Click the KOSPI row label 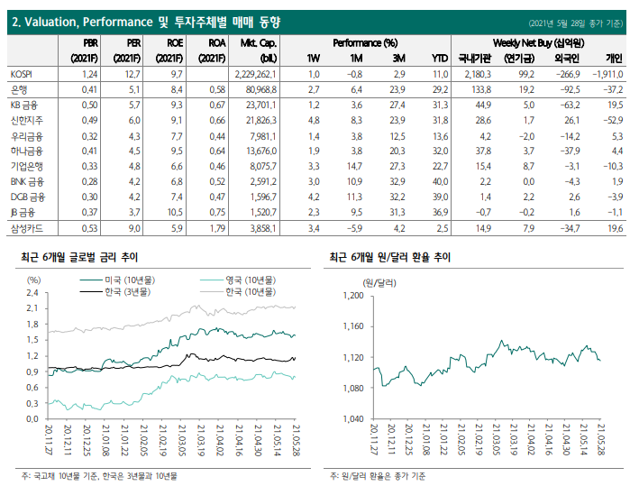[x=22, y=74]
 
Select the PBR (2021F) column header [x=85, y=50]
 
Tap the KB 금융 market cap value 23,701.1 [x=261, y=105]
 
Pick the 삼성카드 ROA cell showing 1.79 [x=217, y=229]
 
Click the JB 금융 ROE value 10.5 [x=175, y=212]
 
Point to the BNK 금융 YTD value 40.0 [x=440, y=182]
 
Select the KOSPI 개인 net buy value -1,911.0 [x=607, y=74]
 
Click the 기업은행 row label [x=26, y=167]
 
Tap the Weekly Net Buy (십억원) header [x=538, y=43]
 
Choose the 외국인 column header [x=567, y=59]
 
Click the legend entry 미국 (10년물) [x=117, y=280]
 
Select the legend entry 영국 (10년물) [x=238, y=280]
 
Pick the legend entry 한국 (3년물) [x=115, y=291]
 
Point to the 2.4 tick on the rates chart [x=32, y=293]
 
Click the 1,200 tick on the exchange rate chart [x=353, y=296]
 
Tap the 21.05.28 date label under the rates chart [x=297, y=440]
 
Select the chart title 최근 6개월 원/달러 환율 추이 [x=390, y=257]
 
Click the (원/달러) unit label [x=379, y=283]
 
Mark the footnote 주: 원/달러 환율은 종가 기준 [x=378, y=476]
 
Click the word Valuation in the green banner [x=51, y=23]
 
